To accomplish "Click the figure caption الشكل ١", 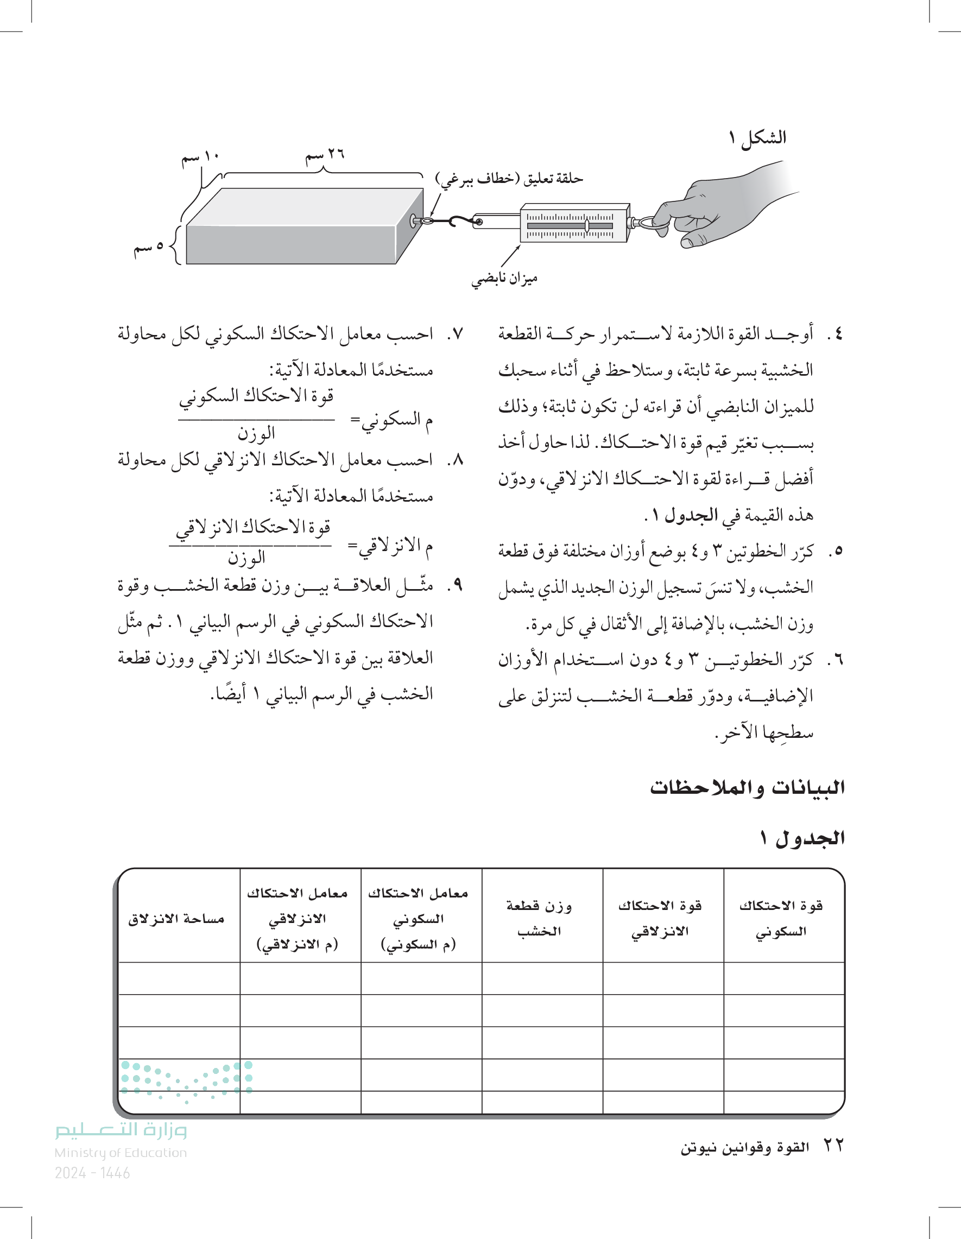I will [757, 137].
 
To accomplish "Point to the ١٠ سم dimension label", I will [200, 157].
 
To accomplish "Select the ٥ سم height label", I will [149, 248].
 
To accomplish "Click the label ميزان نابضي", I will [504, 279].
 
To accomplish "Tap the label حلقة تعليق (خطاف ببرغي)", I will [509, 179].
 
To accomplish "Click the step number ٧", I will [455, 333].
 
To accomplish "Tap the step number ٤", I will [834, 333].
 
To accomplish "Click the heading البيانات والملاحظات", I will [747, 787].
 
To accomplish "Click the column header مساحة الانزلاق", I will [176, 919].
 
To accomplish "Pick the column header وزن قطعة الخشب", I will [539, 919].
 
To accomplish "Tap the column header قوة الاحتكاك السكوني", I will [781, 919].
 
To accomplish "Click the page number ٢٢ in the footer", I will [833, 1145].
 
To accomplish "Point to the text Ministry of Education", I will [121, 1153].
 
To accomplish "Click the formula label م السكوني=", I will [391, 420].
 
